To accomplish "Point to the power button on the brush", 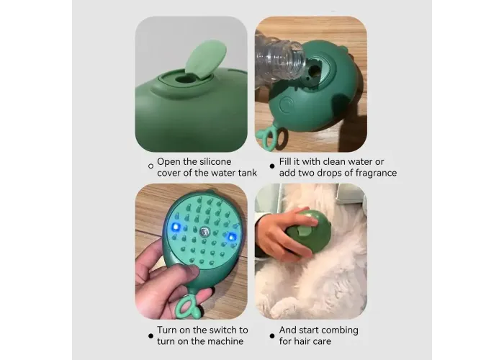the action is point(287,105).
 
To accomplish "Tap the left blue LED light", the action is point(176,228).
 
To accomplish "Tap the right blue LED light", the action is point(231,237).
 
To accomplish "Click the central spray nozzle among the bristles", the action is point(204,231).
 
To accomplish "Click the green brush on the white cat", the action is point(309,233).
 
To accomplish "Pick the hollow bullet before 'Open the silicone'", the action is point(150,166).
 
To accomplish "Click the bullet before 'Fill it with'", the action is point(272,166).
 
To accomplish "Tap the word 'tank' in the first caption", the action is point(248,173).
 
